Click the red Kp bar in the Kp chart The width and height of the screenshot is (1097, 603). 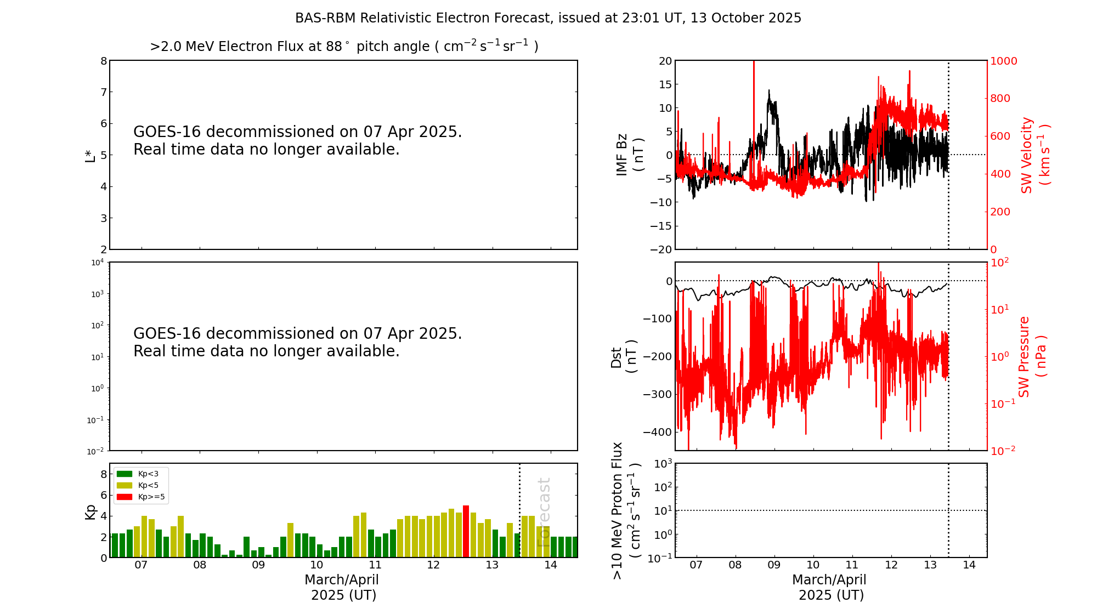tap(466, 531)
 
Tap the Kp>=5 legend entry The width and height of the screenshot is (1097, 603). tap(140, 497)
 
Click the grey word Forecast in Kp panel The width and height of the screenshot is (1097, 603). tap(544, 513)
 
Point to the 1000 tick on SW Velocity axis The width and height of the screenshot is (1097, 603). tap(1003, 61)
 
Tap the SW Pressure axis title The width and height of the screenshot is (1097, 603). tap(1032, 356)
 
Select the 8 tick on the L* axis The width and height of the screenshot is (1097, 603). tap(104, 61)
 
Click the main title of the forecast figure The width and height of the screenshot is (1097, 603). tap(548, 18)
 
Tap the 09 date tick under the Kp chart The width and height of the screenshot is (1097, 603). tap(258, 565)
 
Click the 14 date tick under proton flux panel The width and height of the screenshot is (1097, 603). tap(969, 565)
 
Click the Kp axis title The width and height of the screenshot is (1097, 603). tap(90, 511)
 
